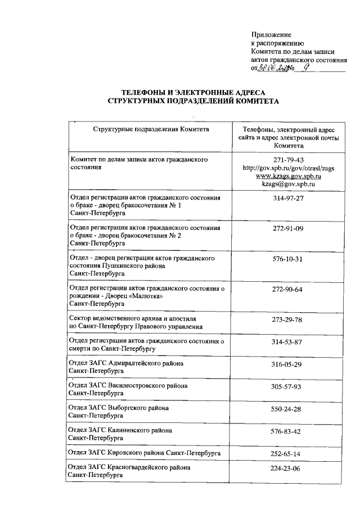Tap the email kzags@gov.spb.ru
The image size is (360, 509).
click(x=287, y=183)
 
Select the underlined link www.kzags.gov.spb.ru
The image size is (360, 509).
click(x=287, y=175)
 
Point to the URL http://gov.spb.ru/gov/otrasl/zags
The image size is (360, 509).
click(x=287, y=168)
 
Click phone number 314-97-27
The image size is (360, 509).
click(x=287, y=199)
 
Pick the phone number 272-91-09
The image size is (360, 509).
click(x=287, y=228)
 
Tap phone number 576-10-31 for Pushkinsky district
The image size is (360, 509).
click(x=287, y=259)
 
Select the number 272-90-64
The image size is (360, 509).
click(x=287, y=289)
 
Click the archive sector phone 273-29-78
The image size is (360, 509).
click(x=287, y=319)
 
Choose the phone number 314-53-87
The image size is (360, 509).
click(x=287, y=341)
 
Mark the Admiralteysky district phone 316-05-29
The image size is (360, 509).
click(x=287, y=364)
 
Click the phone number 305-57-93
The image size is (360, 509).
click(x=287, y=386)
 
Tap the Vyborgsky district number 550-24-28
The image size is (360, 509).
click(x=287, y=408)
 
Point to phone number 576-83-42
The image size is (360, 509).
click(x=287, y=431)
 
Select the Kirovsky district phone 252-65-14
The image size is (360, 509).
click(x=287, y=453)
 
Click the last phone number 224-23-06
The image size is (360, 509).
click(x=287, y=468)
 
